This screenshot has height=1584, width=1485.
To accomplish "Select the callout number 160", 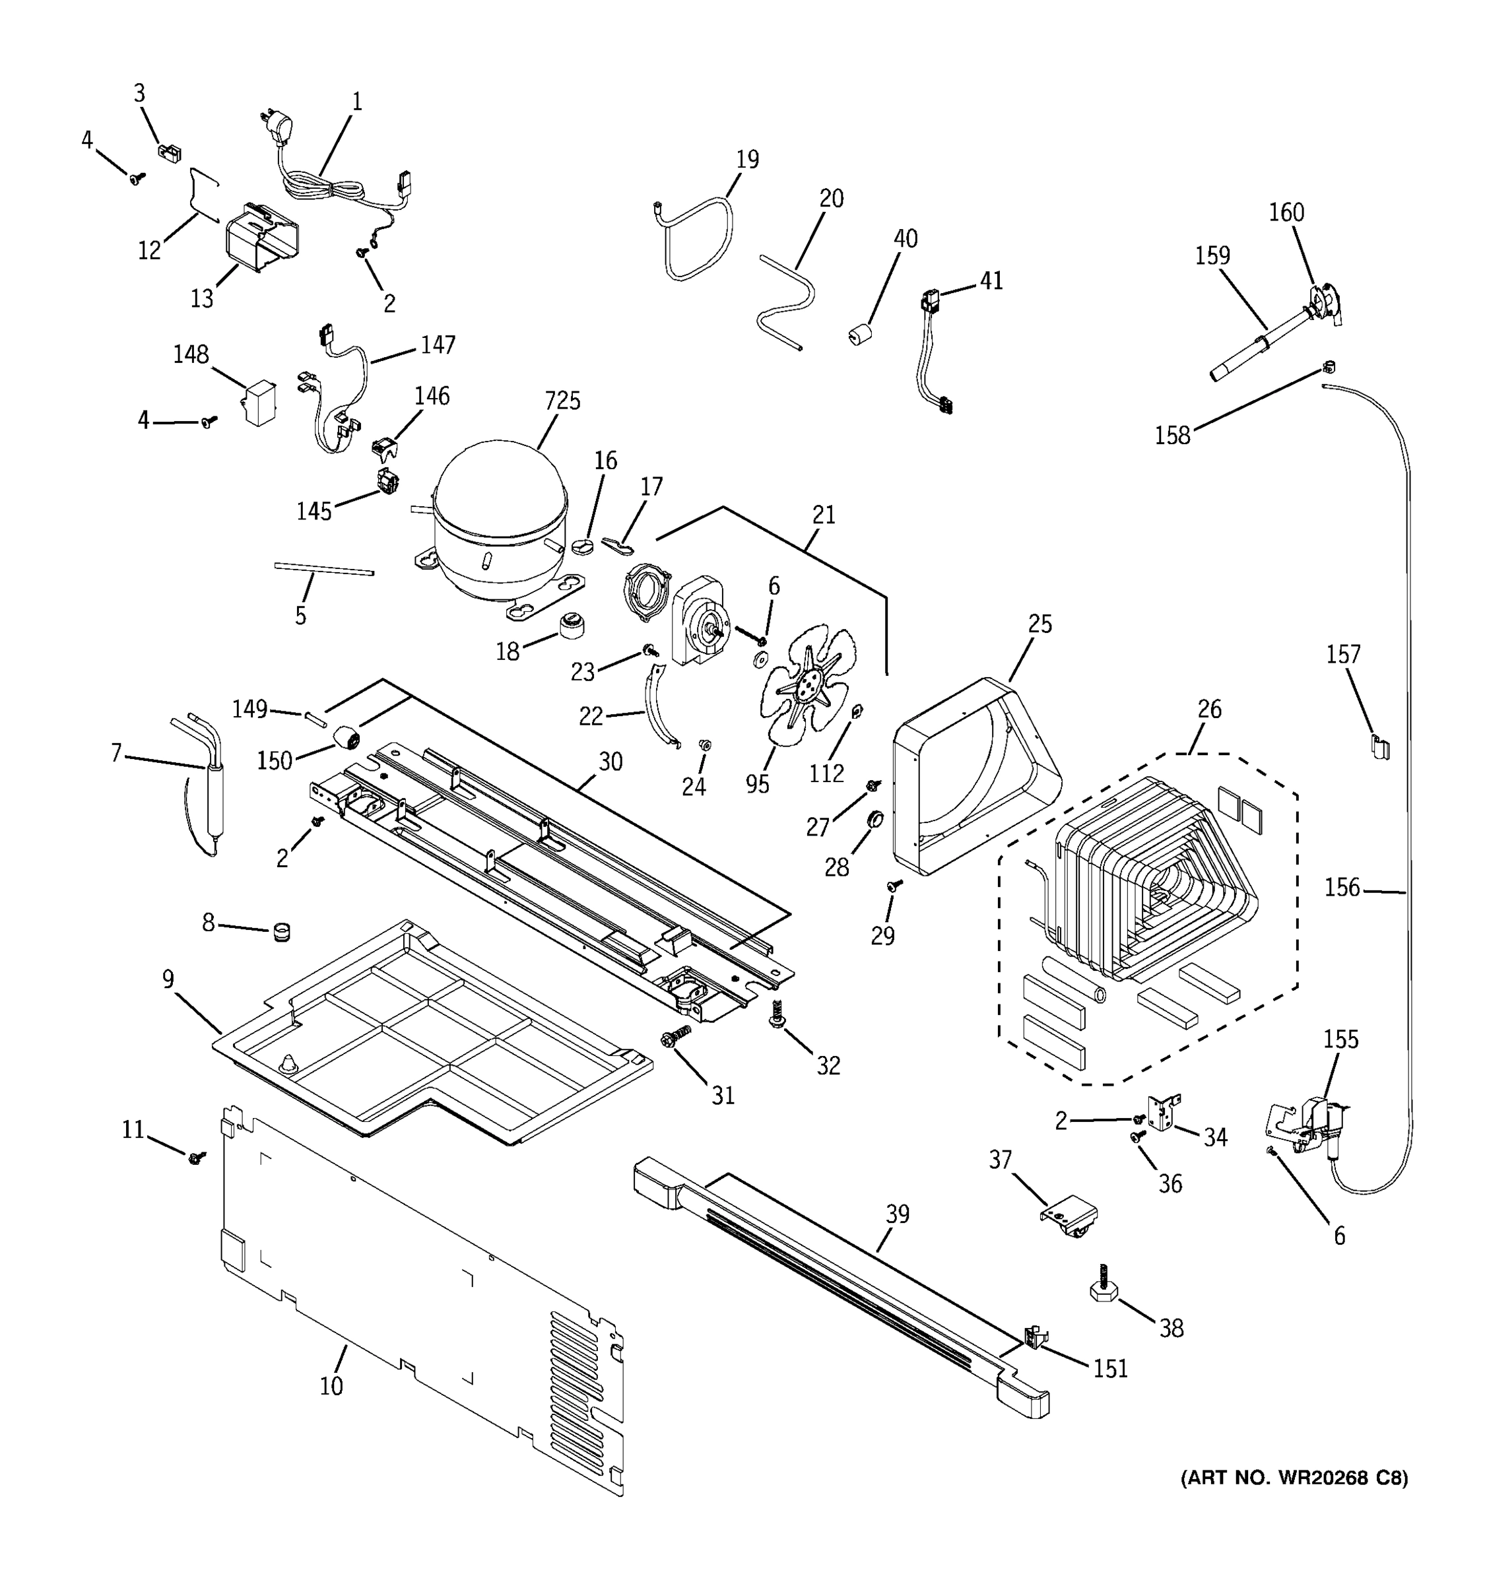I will [1286, 213].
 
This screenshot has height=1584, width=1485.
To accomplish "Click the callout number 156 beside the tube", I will [1342, 888].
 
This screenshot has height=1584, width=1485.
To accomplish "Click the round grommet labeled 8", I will [282, 931].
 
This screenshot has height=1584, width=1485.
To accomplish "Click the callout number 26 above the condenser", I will [1209, 709].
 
